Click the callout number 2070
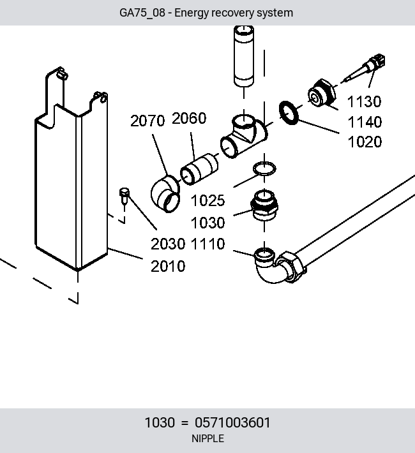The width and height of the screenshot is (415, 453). tap(147, 121)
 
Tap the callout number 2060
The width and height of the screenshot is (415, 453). tap(189, 118)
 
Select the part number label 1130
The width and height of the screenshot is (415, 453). tap(364, 101)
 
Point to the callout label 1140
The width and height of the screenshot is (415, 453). tap(365, 122)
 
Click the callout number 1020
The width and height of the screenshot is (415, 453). tap(365, 142)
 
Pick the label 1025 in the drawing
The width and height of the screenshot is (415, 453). tap(207, 200)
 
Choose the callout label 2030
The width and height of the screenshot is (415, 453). tap(168, 244)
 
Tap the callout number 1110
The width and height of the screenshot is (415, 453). tap(207, 244)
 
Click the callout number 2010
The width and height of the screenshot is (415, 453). tap(168, 266)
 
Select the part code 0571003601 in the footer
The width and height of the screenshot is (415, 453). tap(232, 422)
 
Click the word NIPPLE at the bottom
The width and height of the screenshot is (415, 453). tap(207, 438)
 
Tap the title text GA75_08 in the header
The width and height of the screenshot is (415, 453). tap(142, 13)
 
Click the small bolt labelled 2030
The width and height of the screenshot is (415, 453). tap(124, 196)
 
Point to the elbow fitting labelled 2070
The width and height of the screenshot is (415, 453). tap(165, 194)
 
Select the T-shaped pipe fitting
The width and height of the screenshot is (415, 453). tap(244, 136)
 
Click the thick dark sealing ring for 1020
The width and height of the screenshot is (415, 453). tap(289, 113)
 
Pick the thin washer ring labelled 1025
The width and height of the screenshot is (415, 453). tap(264, 168)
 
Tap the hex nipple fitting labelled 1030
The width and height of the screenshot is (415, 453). tap(264, 205)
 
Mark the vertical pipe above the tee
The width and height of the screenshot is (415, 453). tap(244, 56)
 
